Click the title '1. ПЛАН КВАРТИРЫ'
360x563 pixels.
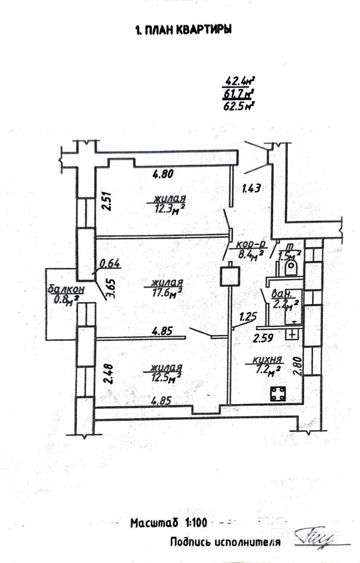pos(182,30)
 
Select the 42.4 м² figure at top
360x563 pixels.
pos(240,81)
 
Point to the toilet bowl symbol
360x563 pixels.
pos(292,267)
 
